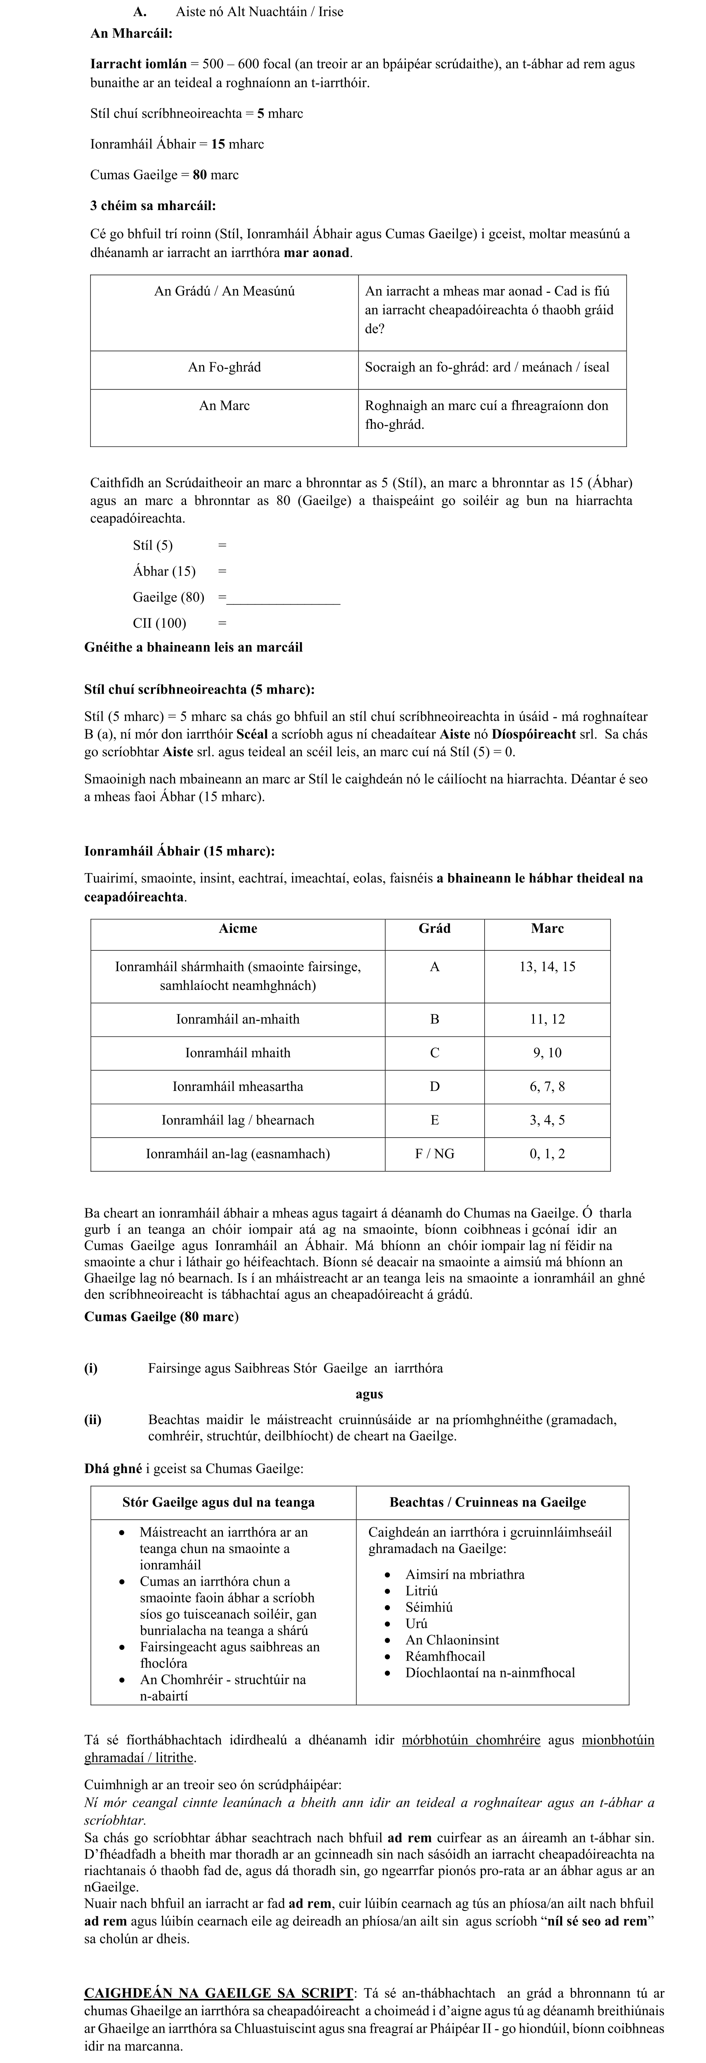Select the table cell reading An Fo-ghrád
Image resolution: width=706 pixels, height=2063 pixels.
pos(224,368)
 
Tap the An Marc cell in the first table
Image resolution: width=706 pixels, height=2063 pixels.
pos(224,406)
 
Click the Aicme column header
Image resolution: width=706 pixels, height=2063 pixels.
pos(238,929)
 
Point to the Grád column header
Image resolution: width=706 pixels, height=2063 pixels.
pos(435,929)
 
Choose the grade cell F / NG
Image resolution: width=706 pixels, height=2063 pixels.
pos(435,1154)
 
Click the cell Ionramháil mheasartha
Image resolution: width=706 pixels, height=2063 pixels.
pos(238,1087)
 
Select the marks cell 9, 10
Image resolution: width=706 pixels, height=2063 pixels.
pos(547,1053)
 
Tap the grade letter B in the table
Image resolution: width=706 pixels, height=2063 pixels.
pos(435,1019)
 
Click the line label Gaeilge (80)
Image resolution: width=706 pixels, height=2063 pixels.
pos(169,597)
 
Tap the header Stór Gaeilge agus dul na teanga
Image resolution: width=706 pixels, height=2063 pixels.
pos(219,1503)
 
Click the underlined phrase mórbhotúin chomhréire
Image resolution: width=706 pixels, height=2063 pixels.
pos(471,1740)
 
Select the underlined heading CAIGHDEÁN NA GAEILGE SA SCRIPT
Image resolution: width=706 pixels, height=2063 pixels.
pos(219,1993)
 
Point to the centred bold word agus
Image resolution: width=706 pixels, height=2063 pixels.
pos(369,1394)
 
